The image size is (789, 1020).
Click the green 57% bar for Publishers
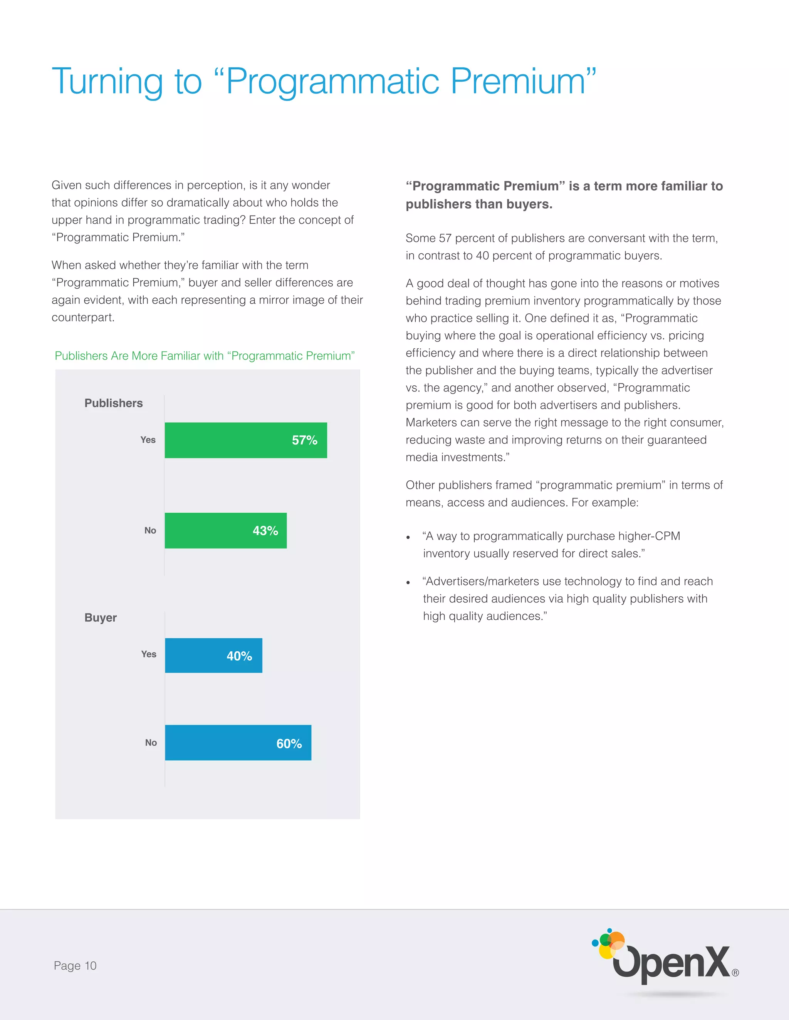pyautogui.click(x=246, y=440)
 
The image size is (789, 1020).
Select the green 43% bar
pyautogui.click(x=225, y=530)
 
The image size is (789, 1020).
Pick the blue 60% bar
pyautogui.click(x=238, y=742)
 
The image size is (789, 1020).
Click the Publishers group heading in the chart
pyautogui.click(x=114, y=403)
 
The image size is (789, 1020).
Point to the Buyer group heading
pyautogui.click(x=101, y=617)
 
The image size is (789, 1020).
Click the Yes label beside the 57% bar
pyautogui.click(x=148, y=440)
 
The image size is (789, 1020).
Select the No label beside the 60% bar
pyautogui.click(x=151, y=742)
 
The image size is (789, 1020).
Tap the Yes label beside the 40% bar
pyautogui.click(x=149, y=654)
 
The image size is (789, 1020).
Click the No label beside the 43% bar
pyautogui.click(x=150, y=530)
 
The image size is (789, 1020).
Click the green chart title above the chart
pyautogui.click(x=205, y=356)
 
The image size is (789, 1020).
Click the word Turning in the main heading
pyautogui.click(x=107, y=82)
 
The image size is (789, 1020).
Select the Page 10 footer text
pyautogui.click(x=75, y=965)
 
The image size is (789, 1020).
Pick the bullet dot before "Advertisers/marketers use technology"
pyautogui.click(x=408, y=583)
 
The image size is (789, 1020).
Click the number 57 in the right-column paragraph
pyautogui.click(x=445, y=238)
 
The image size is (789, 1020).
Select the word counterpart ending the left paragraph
pyautogui.click(x=82, y=318)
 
